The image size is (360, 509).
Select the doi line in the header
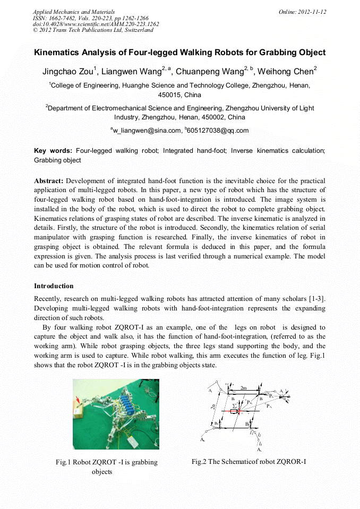coord(96,24)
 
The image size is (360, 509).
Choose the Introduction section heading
coord(54,286)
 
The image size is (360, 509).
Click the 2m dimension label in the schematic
coord(244,388)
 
